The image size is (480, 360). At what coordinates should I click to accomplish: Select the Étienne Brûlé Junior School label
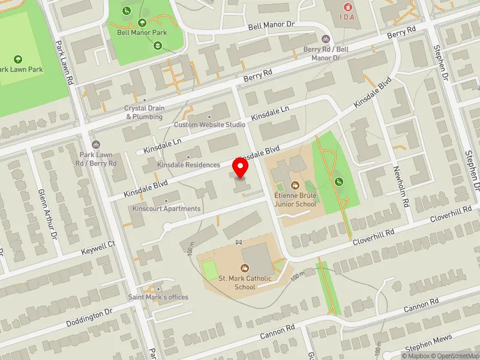point(295,200)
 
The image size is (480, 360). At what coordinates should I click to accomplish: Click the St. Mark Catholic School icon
point(244,268)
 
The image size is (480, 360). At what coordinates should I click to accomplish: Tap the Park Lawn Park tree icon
point(18,59)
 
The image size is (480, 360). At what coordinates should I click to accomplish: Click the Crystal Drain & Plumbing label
point(144,112)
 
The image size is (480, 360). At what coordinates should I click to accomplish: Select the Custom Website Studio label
point(209,125)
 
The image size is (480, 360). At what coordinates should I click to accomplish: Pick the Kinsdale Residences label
point(188,164)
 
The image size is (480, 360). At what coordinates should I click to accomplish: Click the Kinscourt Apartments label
point(167,209)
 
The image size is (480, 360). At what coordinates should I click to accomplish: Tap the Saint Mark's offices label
point(158,297)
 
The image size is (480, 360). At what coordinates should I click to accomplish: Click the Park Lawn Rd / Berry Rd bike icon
point(95,145)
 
